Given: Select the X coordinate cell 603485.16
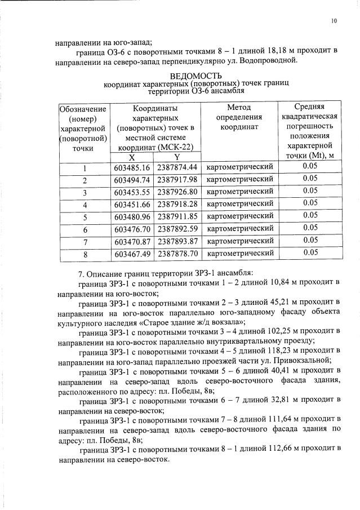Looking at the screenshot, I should pos(132,167).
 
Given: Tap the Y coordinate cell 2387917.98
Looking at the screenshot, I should pos(177,180).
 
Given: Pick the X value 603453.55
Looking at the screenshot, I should pos(132,192).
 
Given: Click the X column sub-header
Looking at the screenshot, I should pos(132,157).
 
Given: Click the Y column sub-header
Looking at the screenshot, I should pos(177,157).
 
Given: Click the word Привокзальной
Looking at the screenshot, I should pos(303,361).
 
